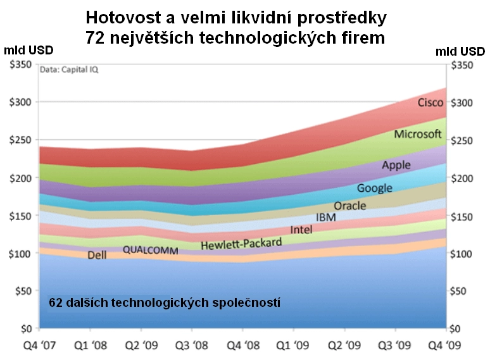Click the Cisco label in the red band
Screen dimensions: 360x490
(x=430, y=102)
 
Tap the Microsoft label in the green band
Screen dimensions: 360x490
(x=417, y=134)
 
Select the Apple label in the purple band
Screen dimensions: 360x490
(x=396, y=165)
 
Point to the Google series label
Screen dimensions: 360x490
(x=374, y=188)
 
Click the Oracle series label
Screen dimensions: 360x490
(x=350, y=206)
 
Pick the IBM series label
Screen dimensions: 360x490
(x=325, y=218)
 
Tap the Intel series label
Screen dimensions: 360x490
(x=301, y=230)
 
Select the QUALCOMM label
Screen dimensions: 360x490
(x=151, y=249)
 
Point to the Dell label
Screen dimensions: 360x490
(x=97, y=256)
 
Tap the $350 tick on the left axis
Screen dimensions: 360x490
(x=21, y=65)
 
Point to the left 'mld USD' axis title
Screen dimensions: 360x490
(x=28, y=50)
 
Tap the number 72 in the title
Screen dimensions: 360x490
(x=96, y=37)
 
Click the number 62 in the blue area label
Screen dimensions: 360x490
(x=56, y=303)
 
